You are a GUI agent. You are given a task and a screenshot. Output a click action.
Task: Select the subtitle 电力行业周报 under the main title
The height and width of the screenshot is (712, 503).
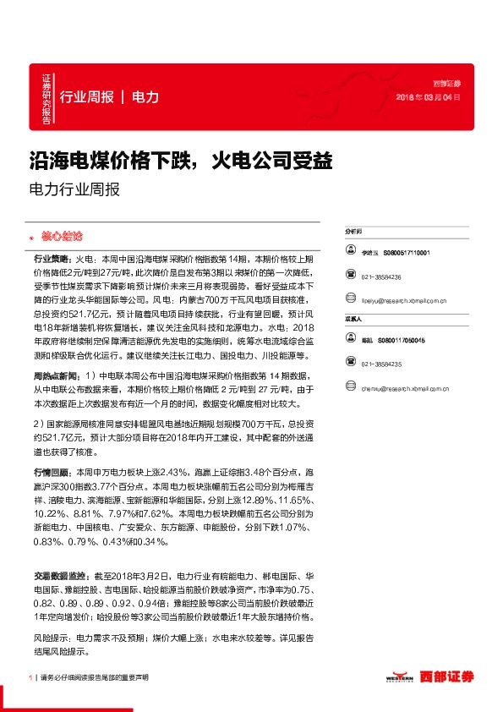[74, 189]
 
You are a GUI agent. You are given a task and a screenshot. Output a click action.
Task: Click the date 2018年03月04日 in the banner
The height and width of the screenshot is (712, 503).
[428, 98]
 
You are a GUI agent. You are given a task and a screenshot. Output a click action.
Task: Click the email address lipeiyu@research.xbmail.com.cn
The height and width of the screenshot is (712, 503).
[405, 300]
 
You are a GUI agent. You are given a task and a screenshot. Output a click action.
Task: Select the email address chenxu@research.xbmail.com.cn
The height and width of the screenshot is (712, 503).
[406, 388]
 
